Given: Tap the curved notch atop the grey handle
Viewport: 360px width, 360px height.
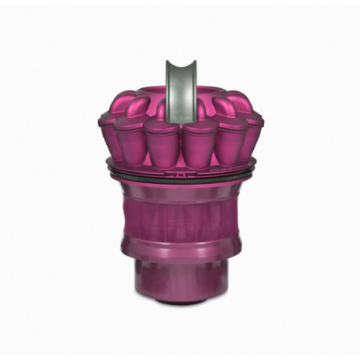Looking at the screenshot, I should click(179, 64).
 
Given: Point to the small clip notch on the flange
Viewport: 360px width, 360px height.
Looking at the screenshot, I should click(180, 168).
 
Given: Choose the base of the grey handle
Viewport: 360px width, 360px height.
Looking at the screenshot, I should click(179, 97).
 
